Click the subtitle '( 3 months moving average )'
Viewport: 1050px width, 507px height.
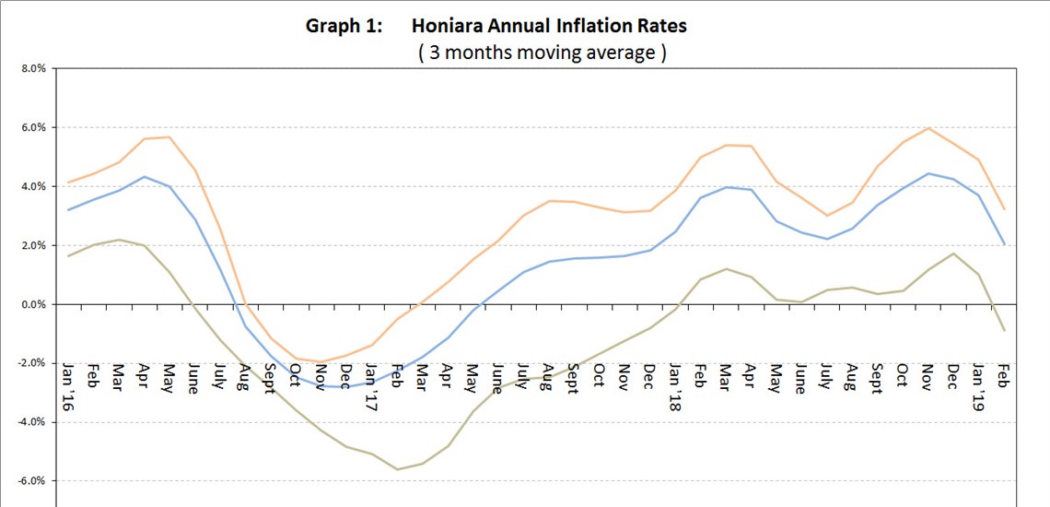tap(542, 53)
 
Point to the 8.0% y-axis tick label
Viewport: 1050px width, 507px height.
tap(31, 68)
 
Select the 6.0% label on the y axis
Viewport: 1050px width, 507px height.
tap(31, 127)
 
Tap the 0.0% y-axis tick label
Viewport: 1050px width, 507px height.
tap(31, 304)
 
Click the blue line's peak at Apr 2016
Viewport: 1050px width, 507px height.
tap(145, 177)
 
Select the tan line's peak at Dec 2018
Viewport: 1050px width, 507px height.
tap(953, 253)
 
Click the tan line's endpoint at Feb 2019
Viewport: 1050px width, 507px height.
tap(1004, 330)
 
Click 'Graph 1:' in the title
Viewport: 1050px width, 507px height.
tap(342, 26)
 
